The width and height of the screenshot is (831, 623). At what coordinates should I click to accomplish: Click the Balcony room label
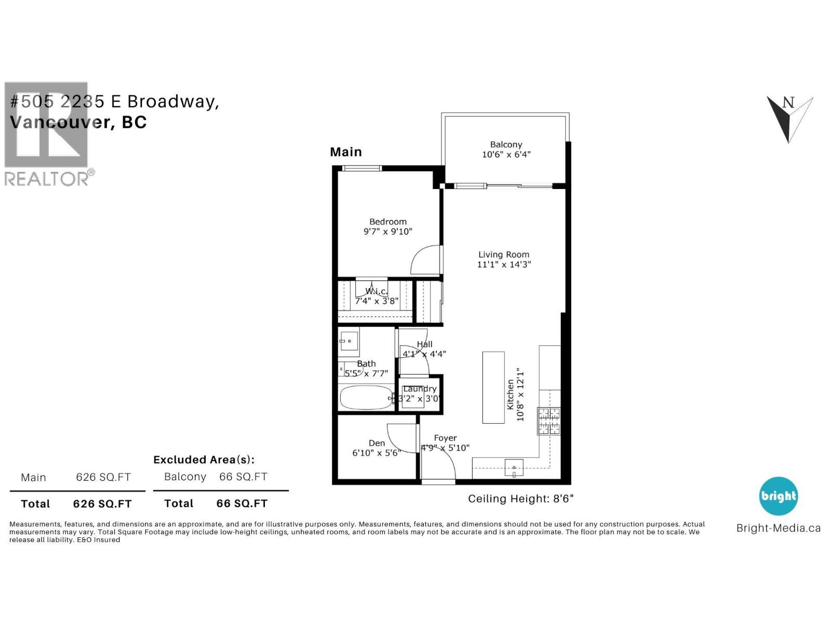coord(506,145)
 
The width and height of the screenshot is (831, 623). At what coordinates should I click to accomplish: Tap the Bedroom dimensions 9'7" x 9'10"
coord(387,232)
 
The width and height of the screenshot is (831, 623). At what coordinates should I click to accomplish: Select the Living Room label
coord(504,254)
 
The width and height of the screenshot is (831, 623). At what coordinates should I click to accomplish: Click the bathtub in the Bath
coord(366,398)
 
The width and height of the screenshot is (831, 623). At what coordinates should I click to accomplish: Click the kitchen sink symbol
coord(514,468)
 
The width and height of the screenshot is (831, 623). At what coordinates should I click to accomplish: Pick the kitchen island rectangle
coord(493,387)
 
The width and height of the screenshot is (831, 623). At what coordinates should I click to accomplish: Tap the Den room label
coord(377,443)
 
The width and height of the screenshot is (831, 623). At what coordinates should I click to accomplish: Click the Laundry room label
coord(420,389)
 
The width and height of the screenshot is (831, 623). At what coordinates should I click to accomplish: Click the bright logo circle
coord(778,496)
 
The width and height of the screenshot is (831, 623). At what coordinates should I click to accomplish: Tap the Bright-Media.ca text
coord(778,529)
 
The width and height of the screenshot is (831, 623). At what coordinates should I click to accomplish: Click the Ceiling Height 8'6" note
coord(520,499)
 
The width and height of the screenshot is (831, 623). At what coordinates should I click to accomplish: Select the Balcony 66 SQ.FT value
coord(243,477)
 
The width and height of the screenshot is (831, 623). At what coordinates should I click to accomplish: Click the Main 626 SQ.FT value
coord(103,477)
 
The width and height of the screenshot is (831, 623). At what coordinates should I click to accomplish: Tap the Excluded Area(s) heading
coord(204,459)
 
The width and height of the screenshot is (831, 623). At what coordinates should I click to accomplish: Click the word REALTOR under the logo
coord(47,179)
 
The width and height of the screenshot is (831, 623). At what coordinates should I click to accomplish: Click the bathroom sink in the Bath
coord(349,341)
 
